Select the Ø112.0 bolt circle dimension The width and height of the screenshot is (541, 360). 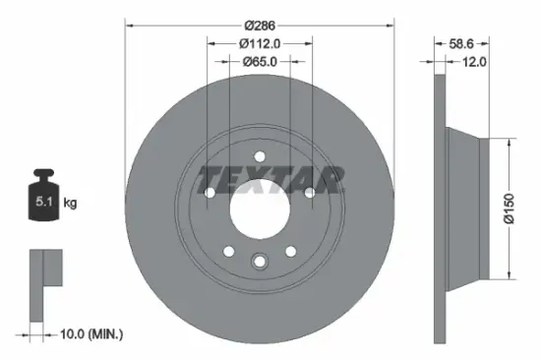click(x=260, y=42)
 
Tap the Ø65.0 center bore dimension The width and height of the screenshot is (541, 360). click(x=260, y=61)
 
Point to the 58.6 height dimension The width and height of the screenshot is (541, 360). click(x=461, y=44)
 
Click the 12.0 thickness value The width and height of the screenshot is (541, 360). click(x=476, y=61)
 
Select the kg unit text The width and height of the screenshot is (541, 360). click(x=70, y=203)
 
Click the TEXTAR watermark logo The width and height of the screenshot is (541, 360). click(x=270, y=179)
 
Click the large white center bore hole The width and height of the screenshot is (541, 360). click(x=260, y=208)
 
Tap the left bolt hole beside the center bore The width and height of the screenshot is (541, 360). click(x=210, y=193)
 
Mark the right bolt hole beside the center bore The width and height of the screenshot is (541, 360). click(x=310, y=193)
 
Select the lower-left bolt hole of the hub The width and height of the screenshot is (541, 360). click(x=229, y=252)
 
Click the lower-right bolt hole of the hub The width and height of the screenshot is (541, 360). click(x=291, y=252)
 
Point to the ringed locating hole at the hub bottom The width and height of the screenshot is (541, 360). click(x=260, y=262)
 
